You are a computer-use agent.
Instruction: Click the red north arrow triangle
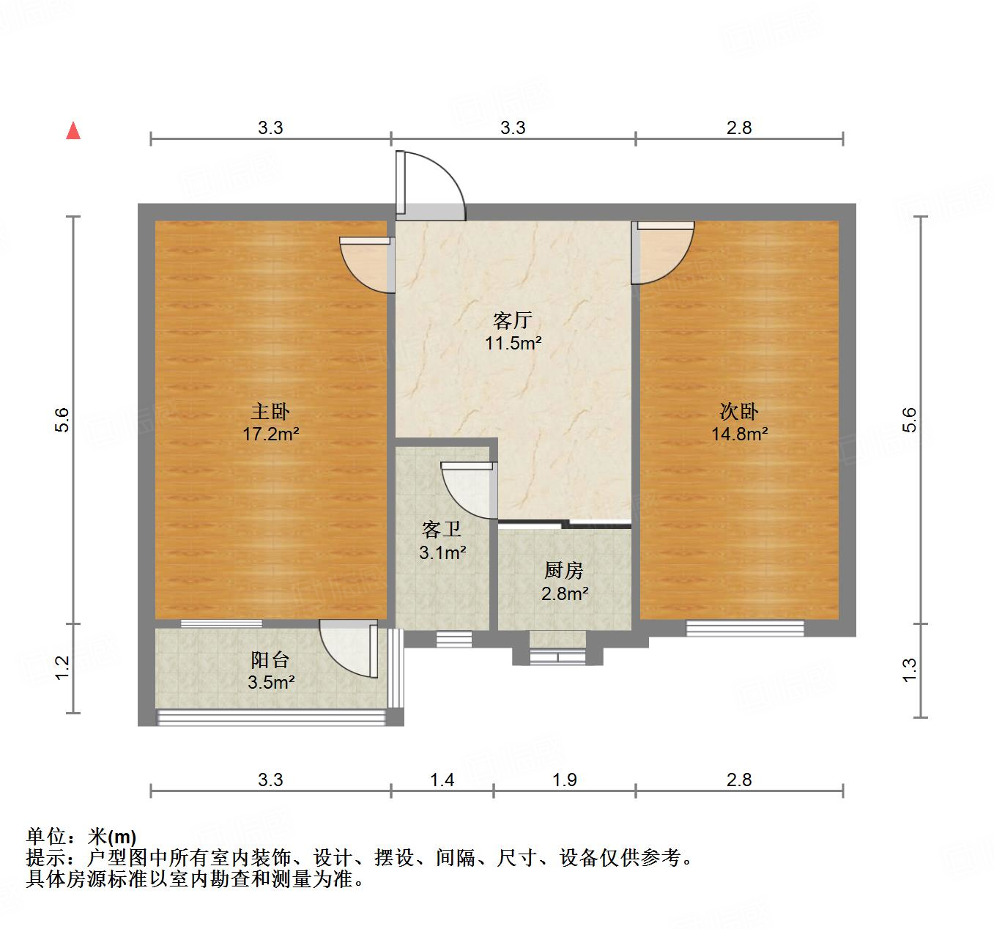[x=73, y=130]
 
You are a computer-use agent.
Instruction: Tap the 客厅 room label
[x=512, y=320]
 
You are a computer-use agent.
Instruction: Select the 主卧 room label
[x=270, y=412]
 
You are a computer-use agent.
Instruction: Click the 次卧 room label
[x=739, y=412]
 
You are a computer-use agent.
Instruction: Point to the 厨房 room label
[x=563, y=571]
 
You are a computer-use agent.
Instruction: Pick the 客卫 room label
[x=442, y=530]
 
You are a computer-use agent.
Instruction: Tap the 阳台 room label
[x=270, y=660]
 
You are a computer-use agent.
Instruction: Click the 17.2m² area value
[x=271, y=434]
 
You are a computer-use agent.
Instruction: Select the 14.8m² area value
[x=740, y=434]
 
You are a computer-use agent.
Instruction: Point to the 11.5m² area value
[x=513, y=342]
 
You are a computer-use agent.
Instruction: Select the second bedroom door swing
[x=664, y=253]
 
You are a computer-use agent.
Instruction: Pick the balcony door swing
[x=349, y=648]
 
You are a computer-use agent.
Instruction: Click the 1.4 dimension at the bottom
[x=442, y=780]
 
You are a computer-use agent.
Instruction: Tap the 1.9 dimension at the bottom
[x=565, y=780]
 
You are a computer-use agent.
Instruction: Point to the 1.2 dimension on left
[x=63, y=667]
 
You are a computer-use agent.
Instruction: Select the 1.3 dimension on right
[x=909, y=670]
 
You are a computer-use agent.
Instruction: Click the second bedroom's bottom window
[x=745, y=628]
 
